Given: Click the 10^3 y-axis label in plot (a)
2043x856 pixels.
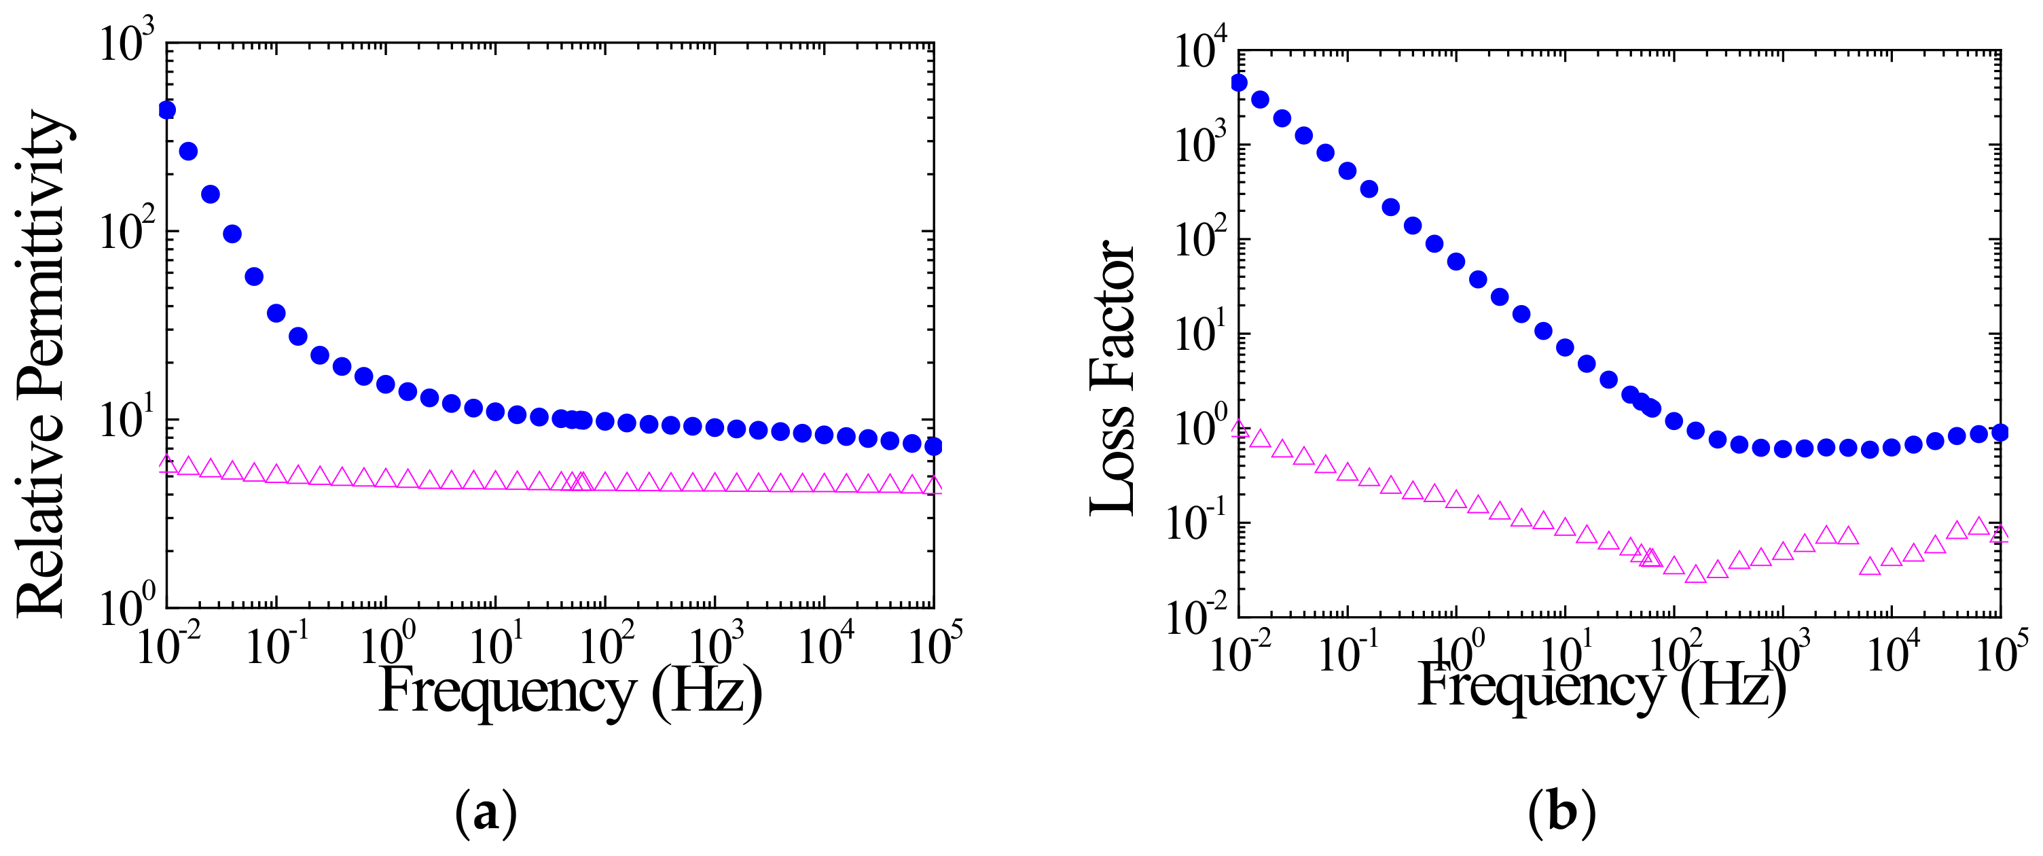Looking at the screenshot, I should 127,43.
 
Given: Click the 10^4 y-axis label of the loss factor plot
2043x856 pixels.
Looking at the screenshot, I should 1201,51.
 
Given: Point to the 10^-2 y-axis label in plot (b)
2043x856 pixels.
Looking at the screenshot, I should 1197,618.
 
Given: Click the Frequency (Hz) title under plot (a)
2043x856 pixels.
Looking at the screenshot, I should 571,690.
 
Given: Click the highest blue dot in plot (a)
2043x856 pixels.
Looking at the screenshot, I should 166,110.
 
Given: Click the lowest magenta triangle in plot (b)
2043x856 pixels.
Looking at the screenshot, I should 1696,574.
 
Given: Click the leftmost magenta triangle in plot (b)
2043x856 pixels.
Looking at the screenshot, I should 1239,429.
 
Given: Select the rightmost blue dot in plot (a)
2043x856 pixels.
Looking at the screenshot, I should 933,446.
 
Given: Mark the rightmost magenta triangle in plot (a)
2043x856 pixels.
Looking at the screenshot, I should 933,486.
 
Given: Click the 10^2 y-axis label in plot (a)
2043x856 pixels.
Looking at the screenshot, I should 127,232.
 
